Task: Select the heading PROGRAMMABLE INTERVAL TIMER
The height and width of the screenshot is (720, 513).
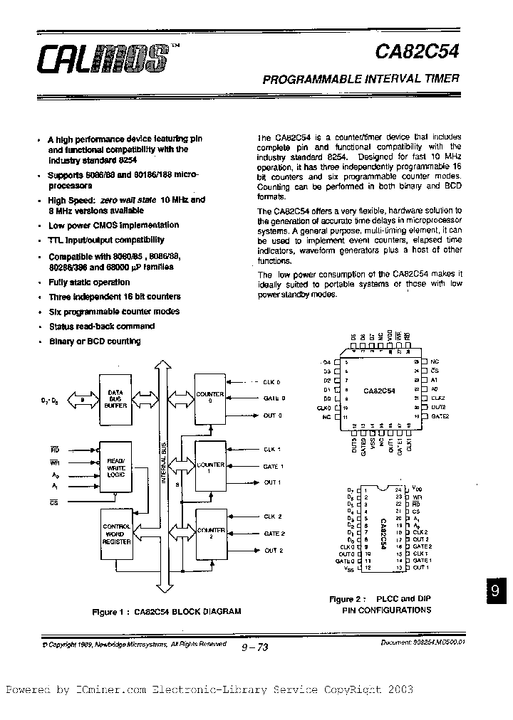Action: (x=361, y=80)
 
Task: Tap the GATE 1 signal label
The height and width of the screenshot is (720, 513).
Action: (x=274, y=467)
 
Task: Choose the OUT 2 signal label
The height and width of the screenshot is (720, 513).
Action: (x=274, y=551)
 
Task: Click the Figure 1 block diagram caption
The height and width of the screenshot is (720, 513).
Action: (x=166, y=611)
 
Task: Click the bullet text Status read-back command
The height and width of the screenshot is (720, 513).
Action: (x=101, y=327)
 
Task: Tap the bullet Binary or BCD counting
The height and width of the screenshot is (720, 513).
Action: (x=95, y=342)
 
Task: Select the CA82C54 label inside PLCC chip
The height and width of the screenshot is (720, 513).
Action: (x=379, y=391)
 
